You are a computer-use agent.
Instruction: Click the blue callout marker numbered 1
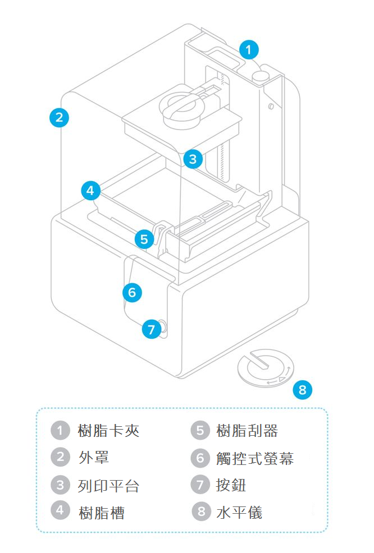[x=249, y=50]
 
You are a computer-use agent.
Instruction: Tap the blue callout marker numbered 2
[x=59, y=118]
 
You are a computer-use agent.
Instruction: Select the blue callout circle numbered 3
[x=193, y=159]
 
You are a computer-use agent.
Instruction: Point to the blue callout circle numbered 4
[x=90, y=190]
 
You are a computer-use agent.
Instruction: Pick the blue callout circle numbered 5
[x=144, y=239]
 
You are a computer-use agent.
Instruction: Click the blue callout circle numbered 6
[x=132, y=292]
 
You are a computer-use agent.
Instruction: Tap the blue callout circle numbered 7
[x=150, y=329]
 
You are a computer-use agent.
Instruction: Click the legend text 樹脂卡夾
[x=108, y=431]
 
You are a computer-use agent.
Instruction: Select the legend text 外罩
[x=94, y=458]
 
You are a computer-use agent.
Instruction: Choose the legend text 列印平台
[x=108, y=485]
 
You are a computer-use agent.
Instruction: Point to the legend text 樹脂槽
[x=101, y=511]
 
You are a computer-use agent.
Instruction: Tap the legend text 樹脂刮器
[x=247, y=431]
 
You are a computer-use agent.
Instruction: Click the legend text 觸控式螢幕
[x=254, y=458]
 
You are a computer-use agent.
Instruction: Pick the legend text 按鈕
[x=231, y=485]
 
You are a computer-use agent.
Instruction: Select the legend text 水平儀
[x=239, y=511]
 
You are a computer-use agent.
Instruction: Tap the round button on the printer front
[x=162, y=328]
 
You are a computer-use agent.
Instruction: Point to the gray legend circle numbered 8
[x=199, y=511]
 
